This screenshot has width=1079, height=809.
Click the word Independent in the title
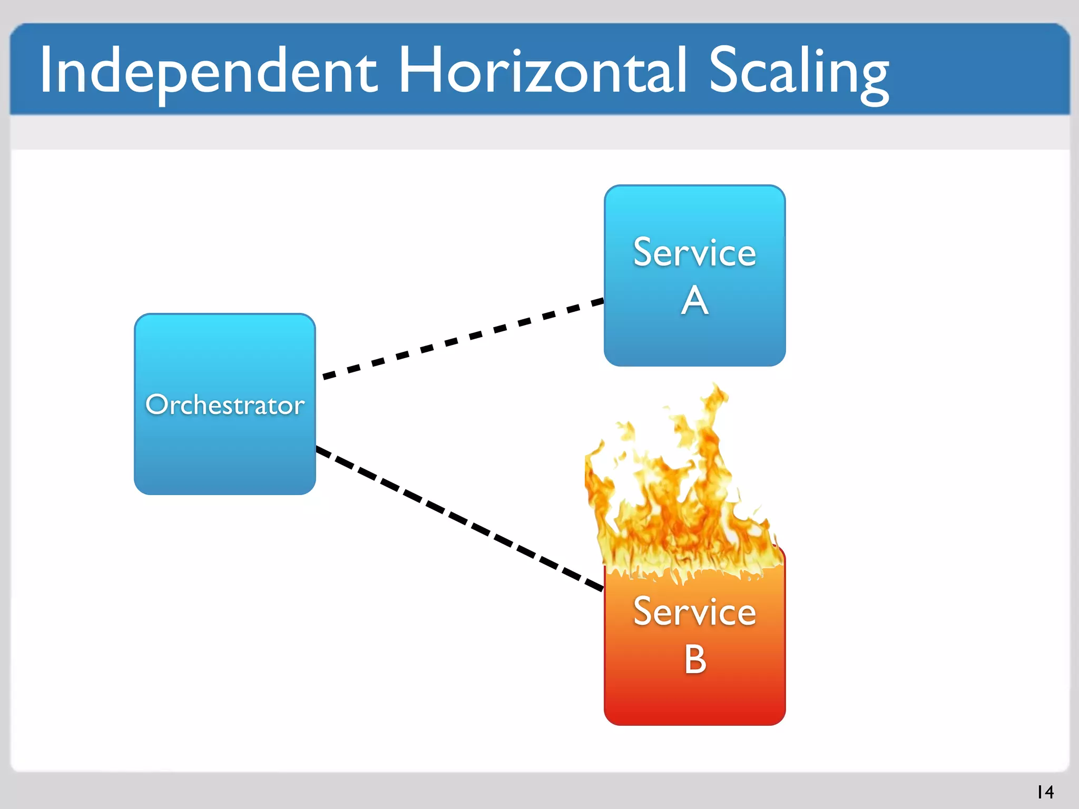pyautogui.click(x=208, y=71)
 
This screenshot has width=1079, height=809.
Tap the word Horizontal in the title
pyautogui.click(x=543, y=71)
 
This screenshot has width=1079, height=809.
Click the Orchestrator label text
pyautogui.click(x=225, y=405)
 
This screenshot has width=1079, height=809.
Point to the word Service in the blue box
pyautogui.click(x=694, y=253)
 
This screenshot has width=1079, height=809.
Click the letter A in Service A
pyautogui.click(x=694, y=301)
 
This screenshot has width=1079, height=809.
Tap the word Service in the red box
pyautogui.click(x=694, y=612)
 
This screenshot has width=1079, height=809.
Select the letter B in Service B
pyautogui.click(x=695, y=659)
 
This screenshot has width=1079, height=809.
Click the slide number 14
pyautogui.click(x=1045, y=792)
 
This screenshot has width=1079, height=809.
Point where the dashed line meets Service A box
pyautogui.click(x=603, y=302)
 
